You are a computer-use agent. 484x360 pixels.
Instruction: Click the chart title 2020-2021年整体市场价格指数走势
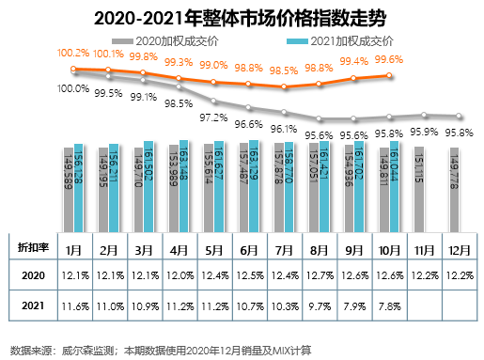[x=241, y=15]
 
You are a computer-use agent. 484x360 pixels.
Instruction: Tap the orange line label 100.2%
[x=72, y=54]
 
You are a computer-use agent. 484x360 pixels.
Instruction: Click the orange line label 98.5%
[x=285, y=70]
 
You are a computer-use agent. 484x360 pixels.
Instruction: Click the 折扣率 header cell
[x=32, y=247]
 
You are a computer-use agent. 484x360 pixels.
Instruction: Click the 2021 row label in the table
[x=32, y=305]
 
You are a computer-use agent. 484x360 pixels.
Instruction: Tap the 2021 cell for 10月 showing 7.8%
[x=388, y=305]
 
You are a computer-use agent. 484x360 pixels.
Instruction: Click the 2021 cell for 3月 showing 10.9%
[x=144, y=305]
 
